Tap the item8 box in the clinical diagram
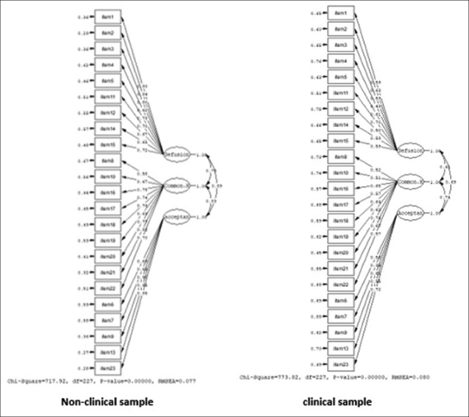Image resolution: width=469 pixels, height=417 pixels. [x=341, y=156]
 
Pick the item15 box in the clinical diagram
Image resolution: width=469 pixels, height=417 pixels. [x=341, y=141]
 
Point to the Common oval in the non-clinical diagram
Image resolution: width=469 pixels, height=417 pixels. [x=176, y=186]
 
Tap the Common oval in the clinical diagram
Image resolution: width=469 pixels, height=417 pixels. [x=410, y=182]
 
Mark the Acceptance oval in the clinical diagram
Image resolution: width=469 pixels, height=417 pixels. [x=410, y=212]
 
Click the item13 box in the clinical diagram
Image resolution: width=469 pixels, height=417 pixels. [x=341, y=348]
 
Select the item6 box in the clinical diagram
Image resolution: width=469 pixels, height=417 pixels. [x=341, y=300]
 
